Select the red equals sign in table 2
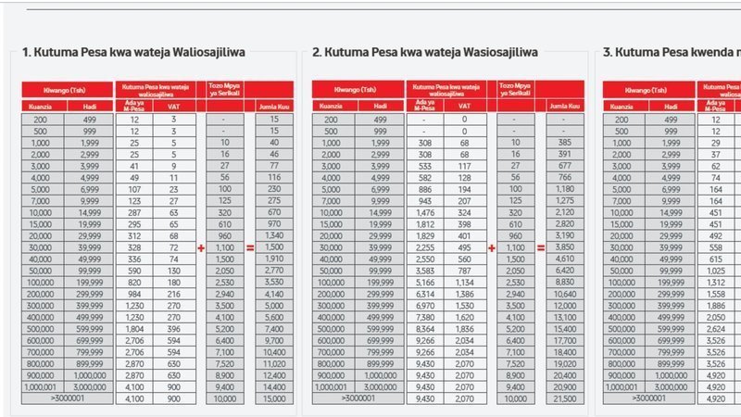coord(528,247)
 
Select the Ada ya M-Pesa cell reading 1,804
coord(134,329)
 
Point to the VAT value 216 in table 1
coord(172,293)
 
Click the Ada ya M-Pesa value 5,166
coord(422,282)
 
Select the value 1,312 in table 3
coord(715,282)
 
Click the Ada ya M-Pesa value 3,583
coord(422,270)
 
